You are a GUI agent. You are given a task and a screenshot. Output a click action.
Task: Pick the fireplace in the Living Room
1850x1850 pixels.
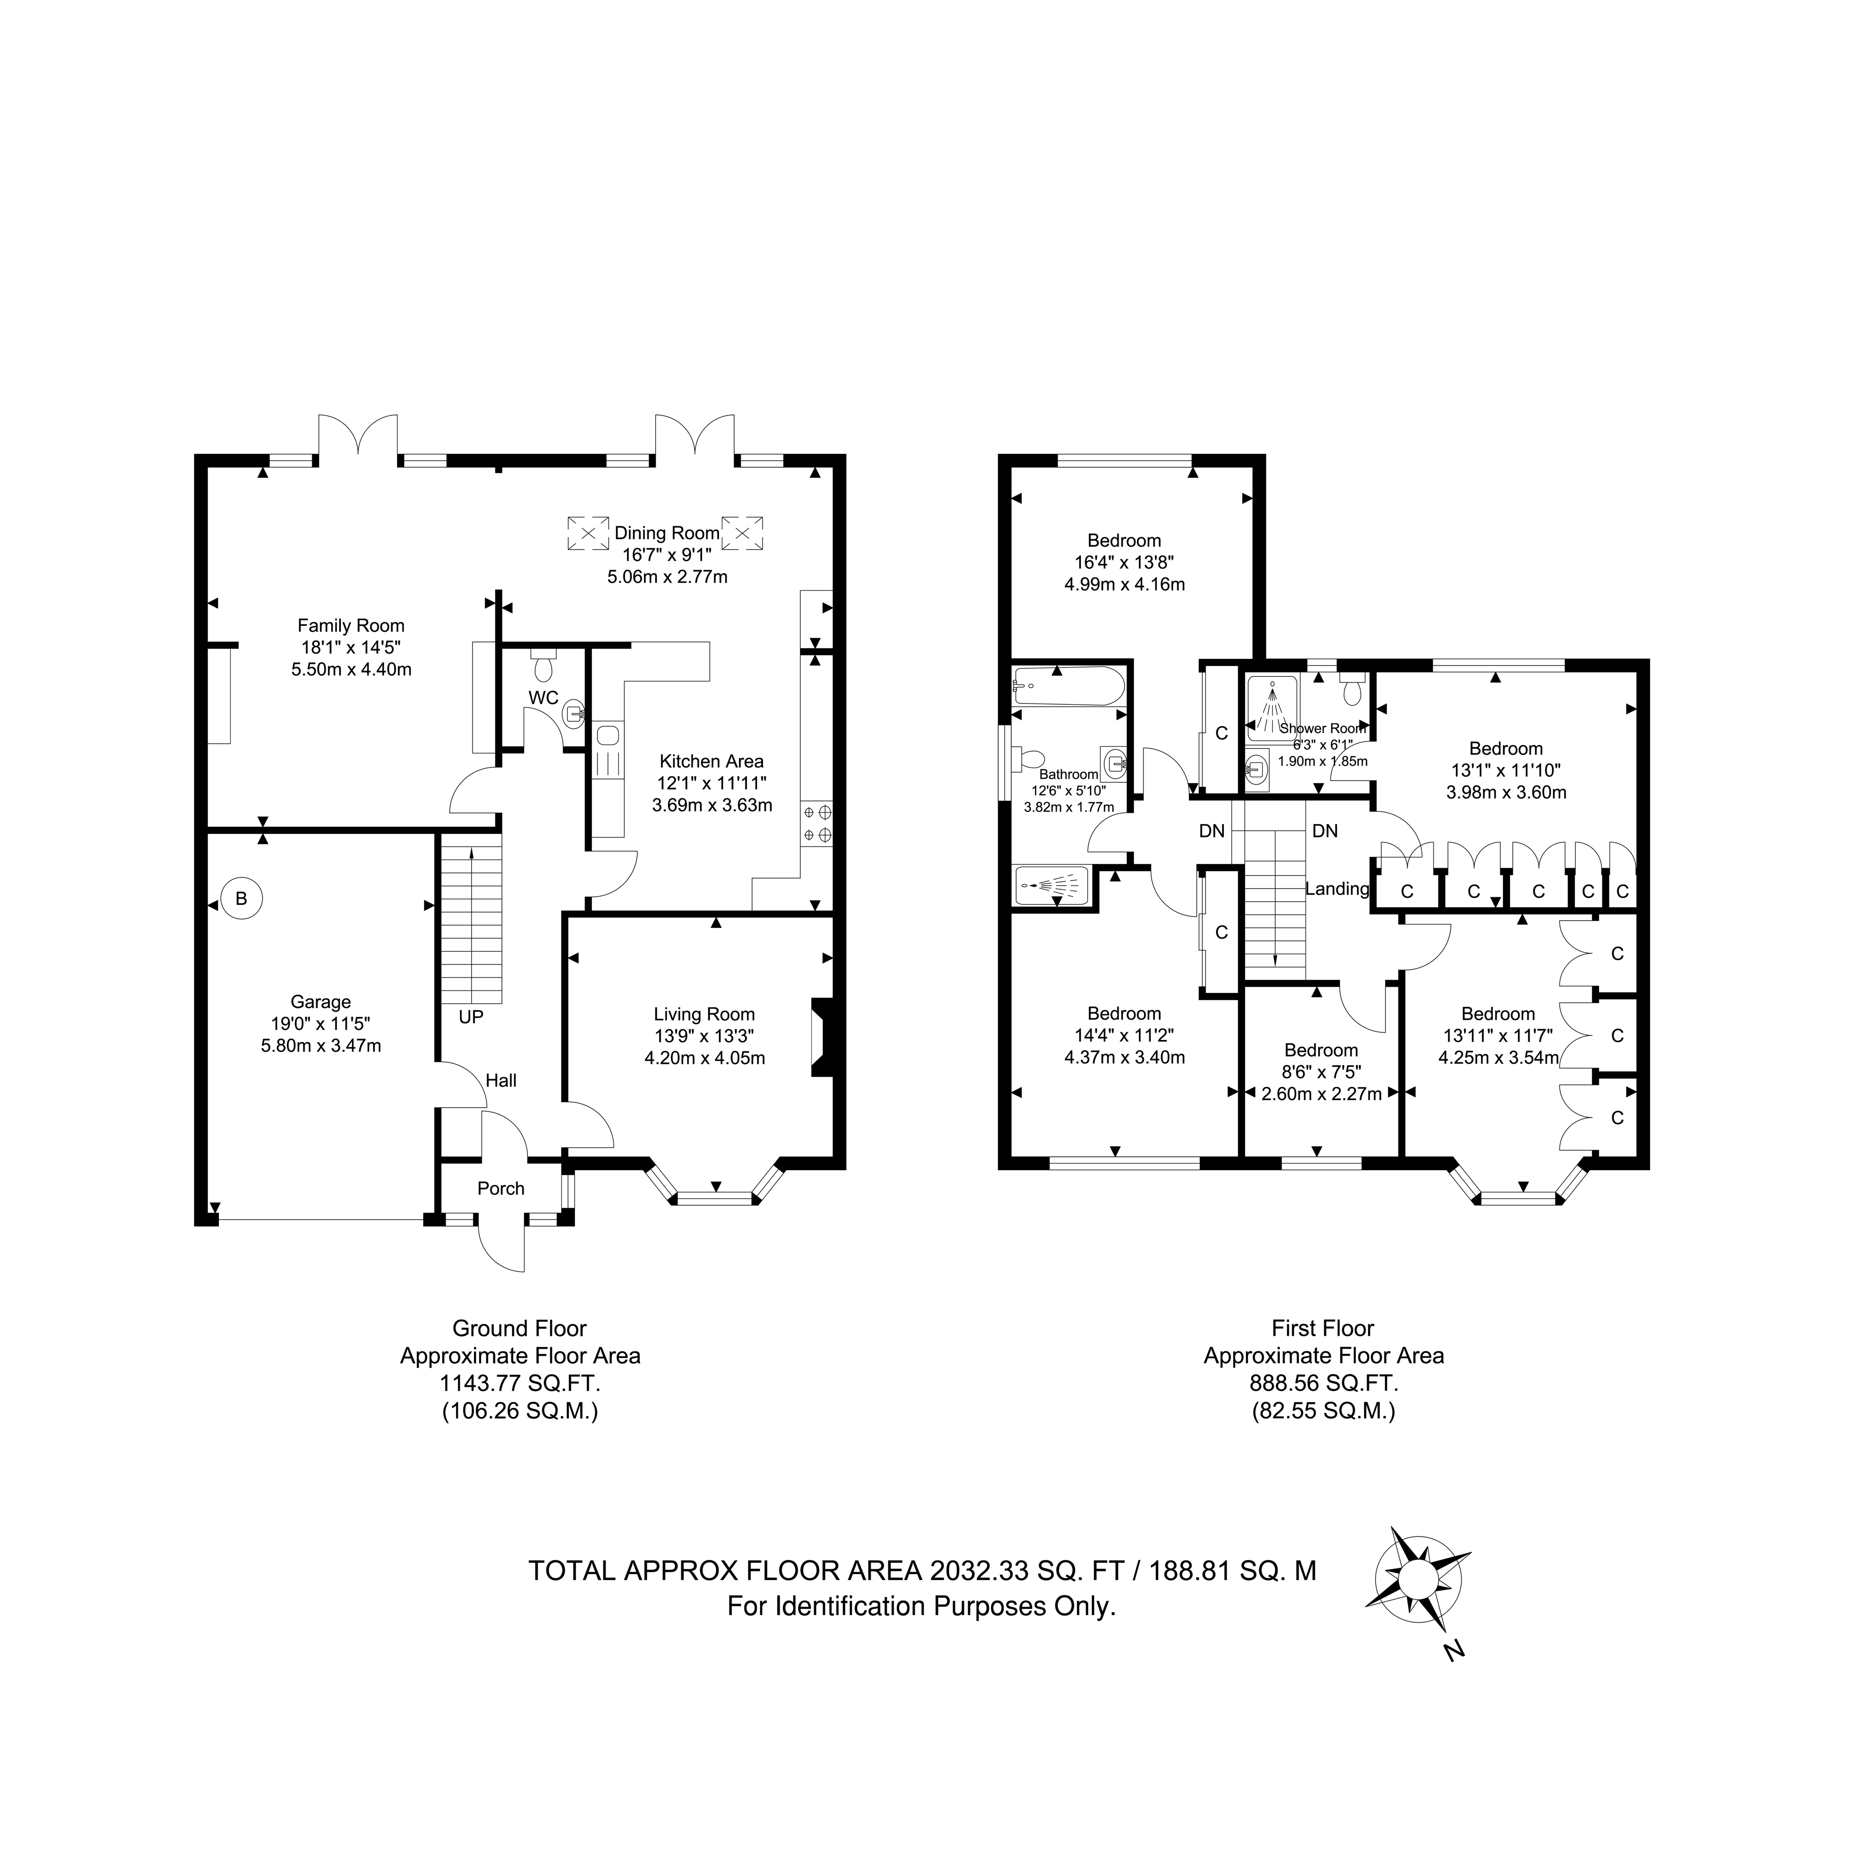pos(823,1038)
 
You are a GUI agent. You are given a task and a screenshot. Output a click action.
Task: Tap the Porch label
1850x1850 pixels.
pos(501,1188)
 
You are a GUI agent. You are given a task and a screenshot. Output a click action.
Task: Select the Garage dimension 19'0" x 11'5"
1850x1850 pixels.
pos(321,1024)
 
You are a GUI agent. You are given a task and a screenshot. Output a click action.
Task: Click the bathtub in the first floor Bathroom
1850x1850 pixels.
pos(1069,684)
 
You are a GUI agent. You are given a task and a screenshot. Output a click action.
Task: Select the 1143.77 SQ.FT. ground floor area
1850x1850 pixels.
pos(520,1383)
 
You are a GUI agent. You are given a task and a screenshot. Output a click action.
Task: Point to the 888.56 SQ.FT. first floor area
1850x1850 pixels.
pos(1323,1383)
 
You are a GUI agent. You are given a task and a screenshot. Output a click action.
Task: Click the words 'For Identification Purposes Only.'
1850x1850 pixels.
pos(922,1606)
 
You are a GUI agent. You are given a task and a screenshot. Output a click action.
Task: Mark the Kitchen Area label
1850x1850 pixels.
pos(712,761)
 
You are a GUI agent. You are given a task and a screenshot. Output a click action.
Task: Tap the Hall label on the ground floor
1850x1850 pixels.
pos(501,1080)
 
